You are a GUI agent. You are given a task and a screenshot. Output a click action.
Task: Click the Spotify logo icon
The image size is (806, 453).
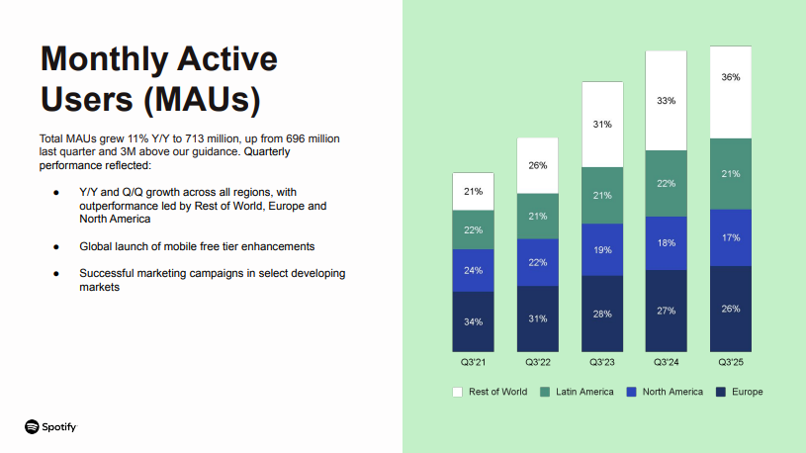coord(32,426)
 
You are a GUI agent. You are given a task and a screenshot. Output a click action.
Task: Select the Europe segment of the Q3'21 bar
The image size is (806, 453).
coord(473,321)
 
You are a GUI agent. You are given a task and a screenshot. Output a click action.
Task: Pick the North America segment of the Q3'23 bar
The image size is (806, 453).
coord(601,249)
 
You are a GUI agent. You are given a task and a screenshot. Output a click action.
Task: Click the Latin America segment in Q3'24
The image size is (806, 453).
coord(666,183)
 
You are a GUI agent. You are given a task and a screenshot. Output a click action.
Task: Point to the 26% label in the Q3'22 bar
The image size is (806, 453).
coord(537,164)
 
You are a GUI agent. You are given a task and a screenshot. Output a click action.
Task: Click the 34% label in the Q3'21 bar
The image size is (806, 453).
coord(473,321)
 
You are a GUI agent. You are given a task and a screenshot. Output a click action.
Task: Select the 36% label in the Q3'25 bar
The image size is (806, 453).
coord(730,76)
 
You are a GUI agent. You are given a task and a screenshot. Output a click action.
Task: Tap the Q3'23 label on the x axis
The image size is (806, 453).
coord(601,363)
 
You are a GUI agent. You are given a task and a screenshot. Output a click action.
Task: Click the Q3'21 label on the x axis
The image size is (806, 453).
coord(473,363)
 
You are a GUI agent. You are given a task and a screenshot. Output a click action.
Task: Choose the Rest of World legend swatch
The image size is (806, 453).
coord(457,392)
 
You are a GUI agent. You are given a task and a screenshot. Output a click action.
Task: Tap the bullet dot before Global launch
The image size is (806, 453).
coord(56,245)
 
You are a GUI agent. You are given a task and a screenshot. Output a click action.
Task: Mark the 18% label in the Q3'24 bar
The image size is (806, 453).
coord(666,242)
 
